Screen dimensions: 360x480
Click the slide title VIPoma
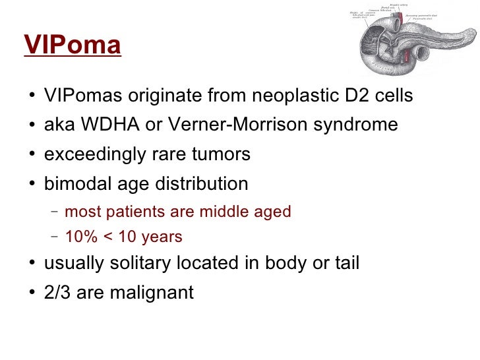73,45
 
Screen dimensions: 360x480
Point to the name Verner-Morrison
232,125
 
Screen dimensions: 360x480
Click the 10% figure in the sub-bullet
80,237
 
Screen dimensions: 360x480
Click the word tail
345,264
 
